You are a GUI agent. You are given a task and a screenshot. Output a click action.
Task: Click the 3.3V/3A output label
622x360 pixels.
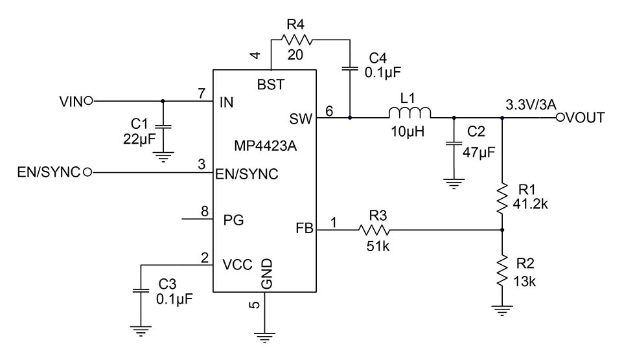tap(529, 103)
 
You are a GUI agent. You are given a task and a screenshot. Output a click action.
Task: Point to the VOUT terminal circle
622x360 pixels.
tap(562, 118)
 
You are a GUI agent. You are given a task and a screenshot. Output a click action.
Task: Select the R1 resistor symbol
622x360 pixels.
tap(503, 199)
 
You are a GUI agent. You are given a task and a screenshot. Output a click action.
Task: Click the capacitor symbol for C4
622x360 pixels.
tap(350, 67)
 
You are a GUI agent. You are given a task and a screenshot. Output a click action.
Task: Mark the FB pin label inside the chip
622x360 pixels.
tap(303, 229)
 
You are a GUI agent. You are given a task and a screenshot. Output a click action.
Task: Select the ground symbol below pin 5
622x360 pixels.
tap(263, 336)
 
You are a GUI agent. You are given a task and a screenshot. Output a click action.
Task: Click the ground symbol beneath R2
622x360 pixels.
tap(503, 310)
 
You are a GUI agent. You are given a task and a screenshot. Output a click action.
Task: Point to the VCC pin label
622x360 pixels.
tap(236, 264)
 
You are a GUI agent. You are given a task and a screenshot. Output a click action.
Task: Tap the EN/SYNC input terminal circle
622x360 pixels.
tap(86, 172)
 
